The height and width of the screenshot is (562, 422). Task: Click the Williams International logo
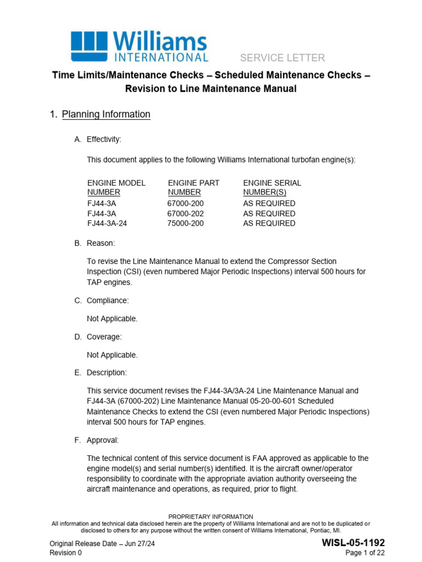[x=139, y=46]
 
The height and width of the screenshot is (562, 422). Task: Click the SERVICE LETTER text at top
[x=282, y=58]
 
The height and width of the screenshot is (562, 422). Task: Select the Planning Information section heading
[x=106, y=114]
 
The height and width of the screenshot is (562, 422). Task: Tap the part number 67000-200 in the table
[x=185, y=203]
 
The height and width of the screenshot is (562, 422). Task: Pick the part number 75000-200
[x=185, y=223]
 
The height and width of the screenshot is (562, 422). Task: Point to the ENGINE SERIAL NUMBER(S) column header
[x=272, y=188]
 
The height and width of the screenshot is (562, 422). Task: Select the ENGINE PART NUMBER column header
[x=193, y=188]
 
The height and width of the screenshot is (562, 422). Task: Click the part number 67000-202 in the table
[x=185, y=213]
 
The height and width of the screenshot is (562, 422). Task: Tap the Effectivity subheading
[x=104, y=139]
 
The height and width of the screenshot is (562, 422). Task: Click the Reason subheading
[x=101, y=243]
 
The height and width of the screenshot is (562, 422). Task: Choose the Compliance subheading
[x=108, y=300]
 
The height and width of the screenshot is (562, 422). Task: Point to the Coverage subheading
[x=104, y=336]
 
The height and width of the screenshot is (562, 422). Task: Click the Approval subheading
[x=102, y=440]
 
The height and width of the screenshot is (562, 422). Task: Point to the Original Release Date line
[x=101, y=543]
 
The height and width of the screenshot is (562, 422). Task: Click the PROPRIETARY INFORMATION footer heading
[x=210, y=516]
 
